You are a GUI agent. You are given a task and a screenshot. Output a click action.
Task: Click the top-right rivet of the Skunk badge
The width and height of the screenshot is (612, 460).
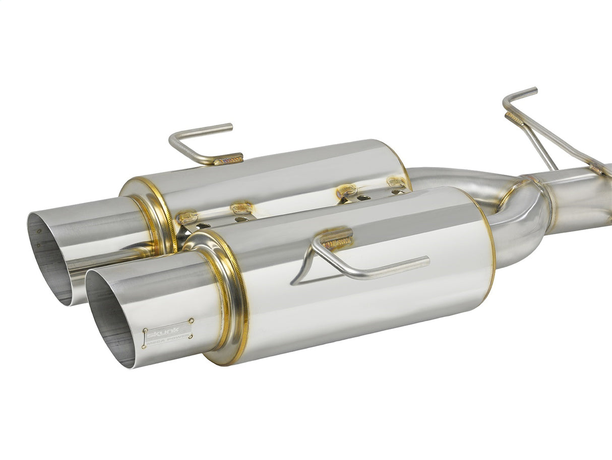pos(192,320)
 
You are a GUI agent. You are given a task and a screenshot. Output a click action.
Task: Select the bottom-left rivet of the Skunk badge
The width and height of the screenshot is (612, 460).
pos(145,346)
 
